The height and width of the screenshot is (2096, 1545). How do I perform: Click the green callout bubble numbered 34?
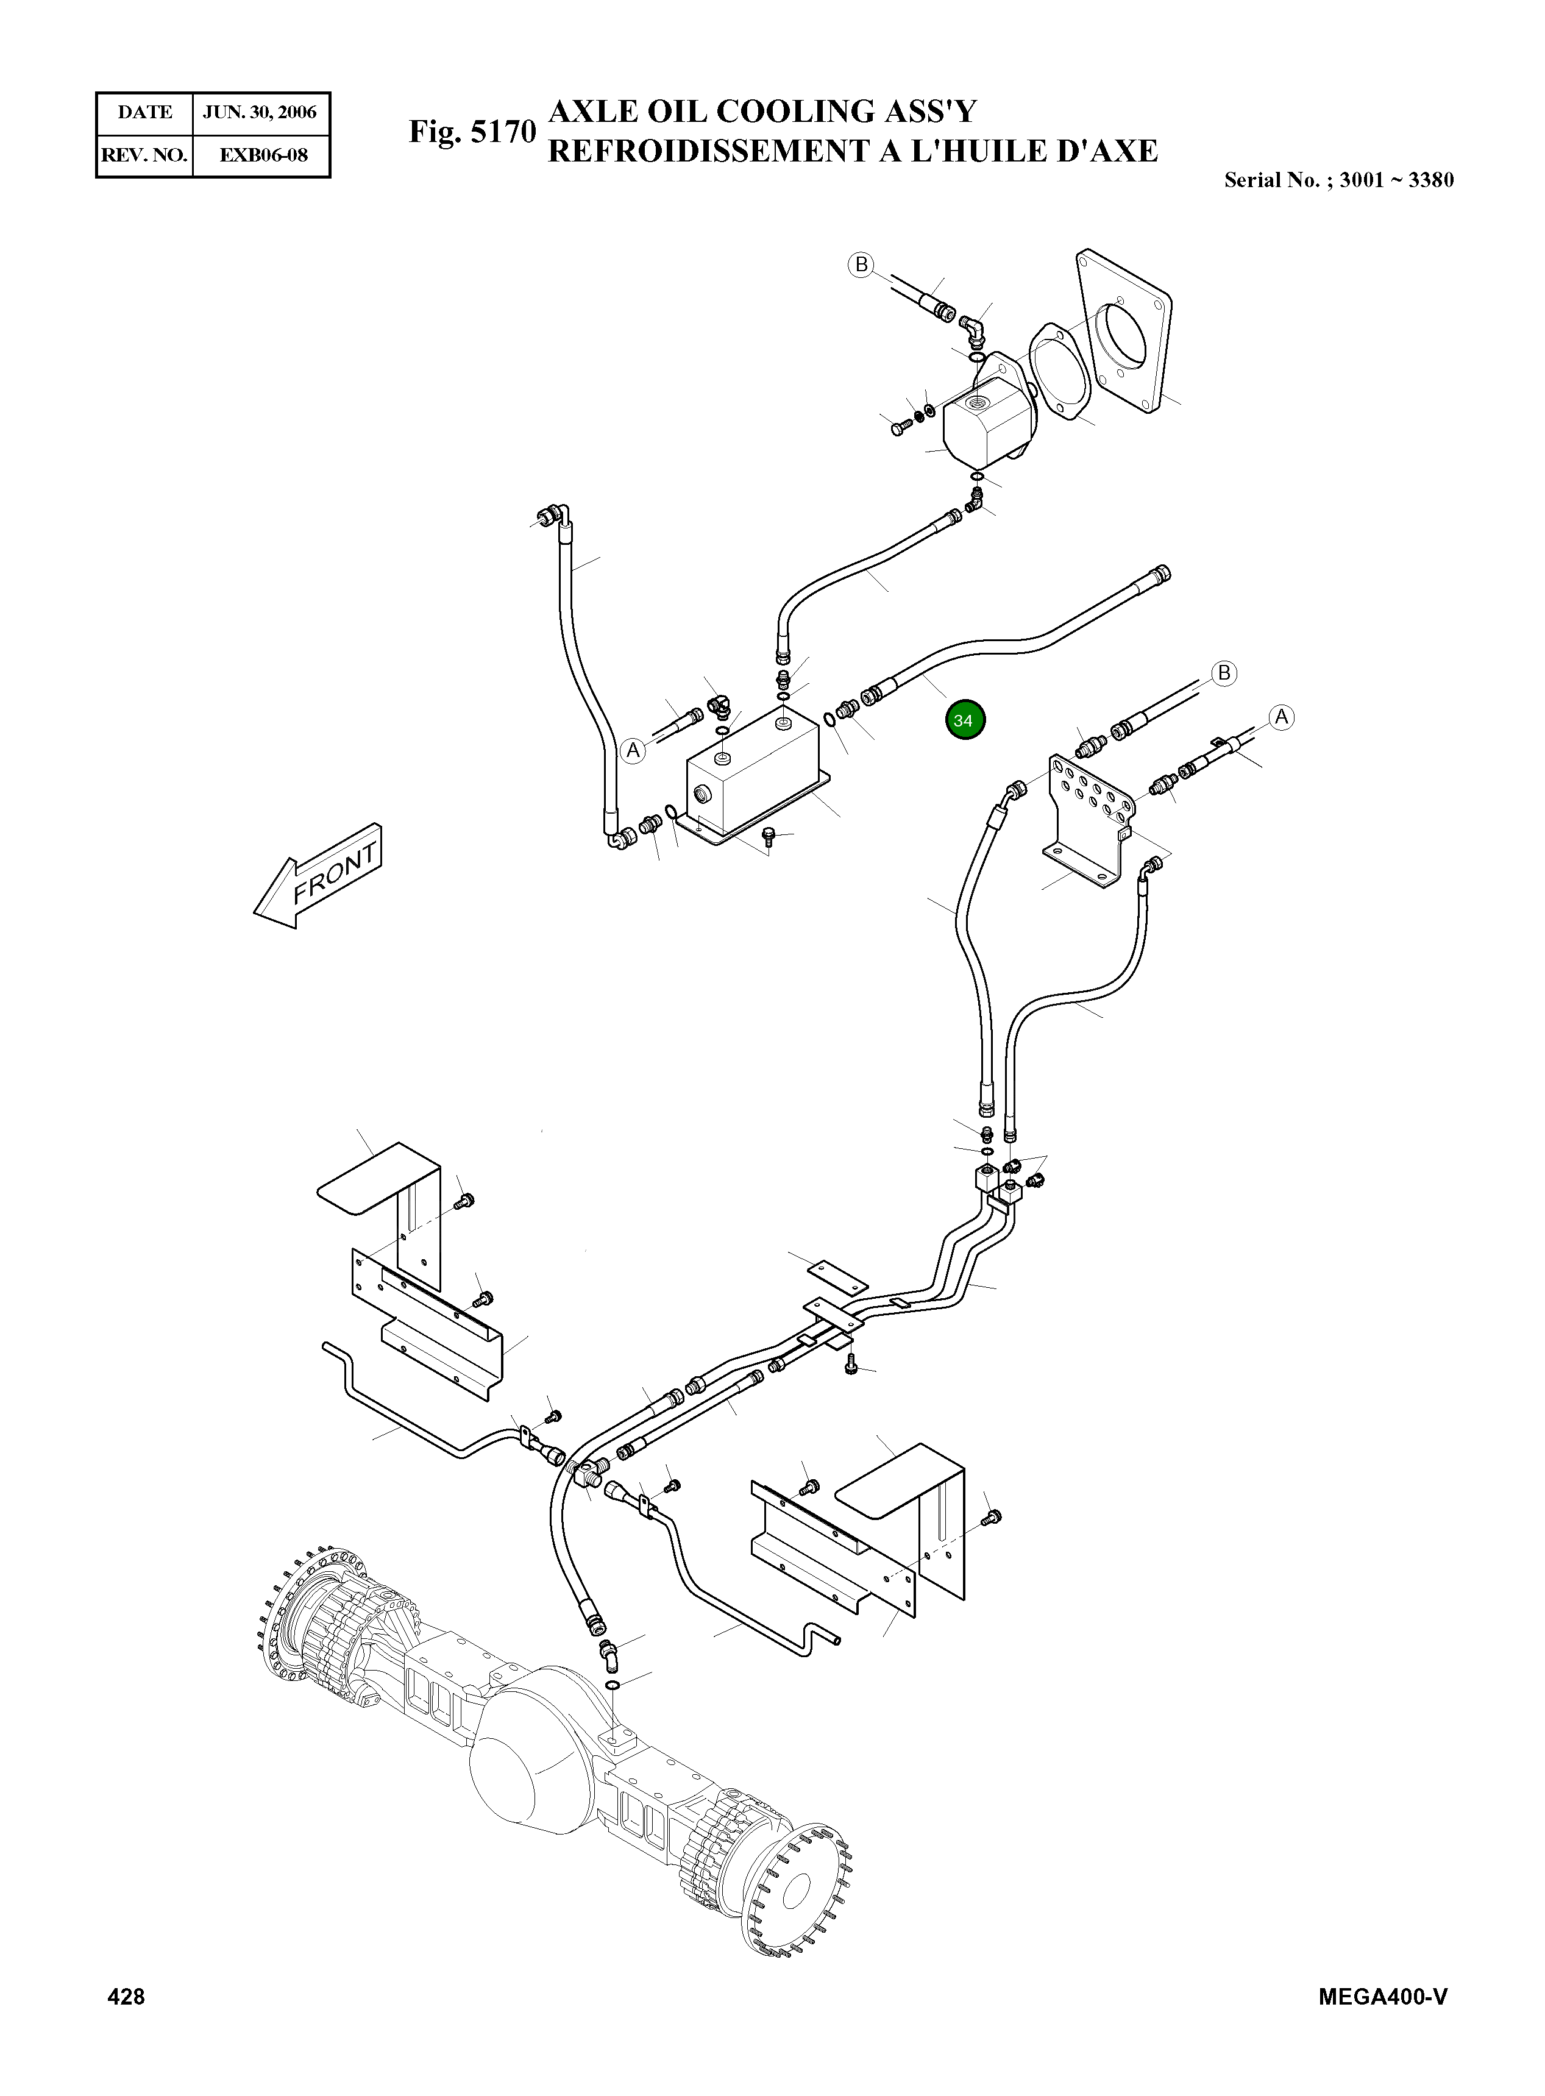pos(964,720)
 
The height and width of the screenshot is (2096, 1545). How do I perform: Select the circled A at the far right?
pos(1281,717)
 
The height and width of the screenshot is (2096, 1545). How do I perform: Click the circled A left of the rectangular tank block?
pos(633,750)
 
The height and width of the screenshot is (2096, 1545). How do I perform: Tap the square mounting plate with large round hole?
pos(1126,327)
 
